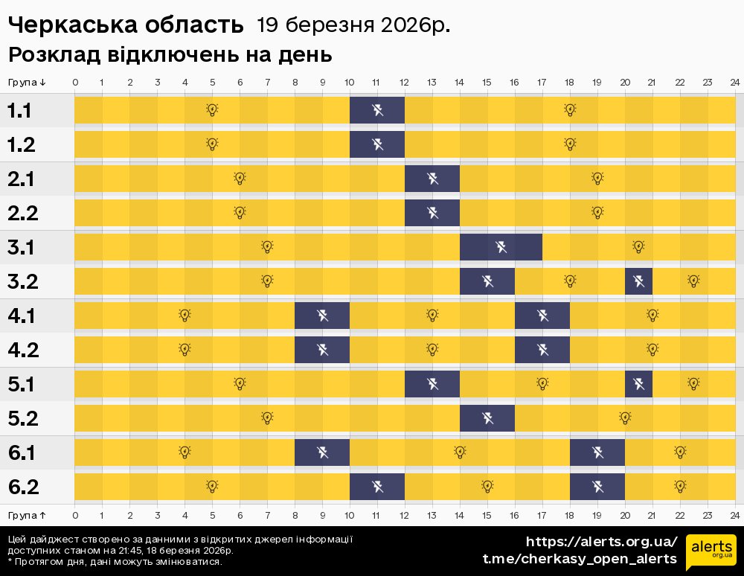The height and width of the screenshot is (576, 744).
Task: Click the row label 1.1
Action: coord(19,111)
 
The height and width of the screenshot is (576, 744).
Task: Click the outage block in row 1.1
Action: coord(377,111)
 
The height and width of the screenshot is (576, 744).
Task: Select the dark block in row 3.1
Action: coord(501,247)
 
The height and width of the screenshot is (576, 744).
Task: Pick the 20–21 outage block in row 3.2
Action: coord(638,281)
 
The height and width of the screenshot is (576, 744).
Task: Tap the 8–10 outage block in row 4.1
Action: coord(322,316)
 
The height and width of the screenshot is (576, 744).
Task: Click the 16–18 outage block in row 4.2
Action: coord(542,350)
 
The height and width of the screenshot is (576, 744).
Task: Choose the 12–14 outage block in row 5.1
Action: coord(432,384)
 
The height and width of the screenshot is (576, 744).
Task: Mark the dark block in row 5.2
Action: coord(487,418)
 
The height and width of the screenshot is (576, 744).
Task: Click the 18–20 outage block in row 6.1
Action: coord(597,452)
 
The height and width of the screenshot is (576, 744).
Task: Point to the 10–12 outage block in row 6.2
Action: coord(377,487)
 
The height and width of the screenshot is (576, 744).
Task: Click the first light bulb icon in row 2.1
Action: coord(240,179)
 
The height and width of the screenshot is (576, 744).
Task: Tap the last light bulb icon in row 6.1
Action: coord(680,452)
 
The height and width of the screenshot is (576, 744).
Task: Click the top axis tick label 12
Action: coord(405,83)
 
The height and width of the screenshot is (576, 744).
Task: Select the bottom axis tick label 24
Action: coord(734,514)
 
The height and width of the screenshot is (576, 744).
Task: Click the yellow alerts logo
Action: coord(710,550)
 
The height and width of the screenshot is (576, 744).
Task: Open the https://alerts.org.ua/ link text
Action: coord(602,541)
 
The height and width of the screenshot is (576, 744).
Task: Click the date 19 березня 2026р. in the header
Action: coord(353,25)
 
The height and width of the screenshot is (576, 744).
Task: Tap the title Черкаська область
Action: coord(126,25)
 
